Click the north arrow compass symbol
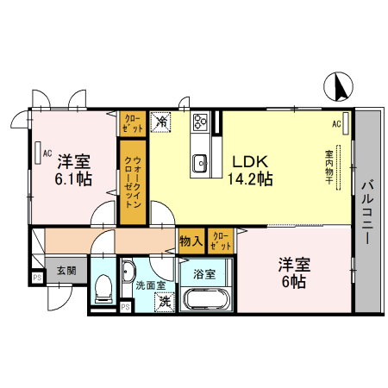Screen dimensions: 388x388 coord(338,86)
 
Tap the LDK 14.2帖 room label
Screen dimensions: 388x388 coord(250,170)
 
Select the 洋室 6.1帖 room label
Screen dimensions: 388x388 coord(73,170)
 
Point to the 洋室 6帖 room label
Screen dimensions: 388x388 coord(294,272)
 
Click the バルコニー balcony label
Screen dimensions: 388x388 coord(367,211)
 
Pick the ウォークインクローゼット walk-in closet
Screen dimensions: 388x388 coord(133,182)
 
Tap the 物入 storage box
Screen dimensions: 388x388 coord(191,241)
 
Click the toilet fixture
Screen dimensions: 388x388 coord(103,289)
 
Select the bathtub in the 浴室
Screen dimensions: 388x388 coord(206,299)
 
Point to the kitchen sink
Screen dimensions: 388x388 coord(199,163)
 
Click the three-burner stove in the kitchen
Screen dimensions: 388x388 coord(200,122)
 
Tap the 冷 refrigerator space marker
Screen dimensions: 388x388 coord(161,122)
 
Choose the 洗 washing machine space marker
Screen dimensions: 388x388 coord(165,302)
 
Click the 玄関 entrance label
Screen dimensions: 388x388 coord(66,271)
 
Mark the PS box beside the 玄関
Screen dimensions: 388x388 coord(37,278)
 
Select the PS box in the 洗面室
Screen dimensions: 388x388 coord(125,307)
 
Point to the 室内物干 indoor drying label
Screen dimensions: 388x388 coord(329,167)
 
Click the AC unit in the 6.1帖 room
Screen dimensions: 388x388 coord(38,153)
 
